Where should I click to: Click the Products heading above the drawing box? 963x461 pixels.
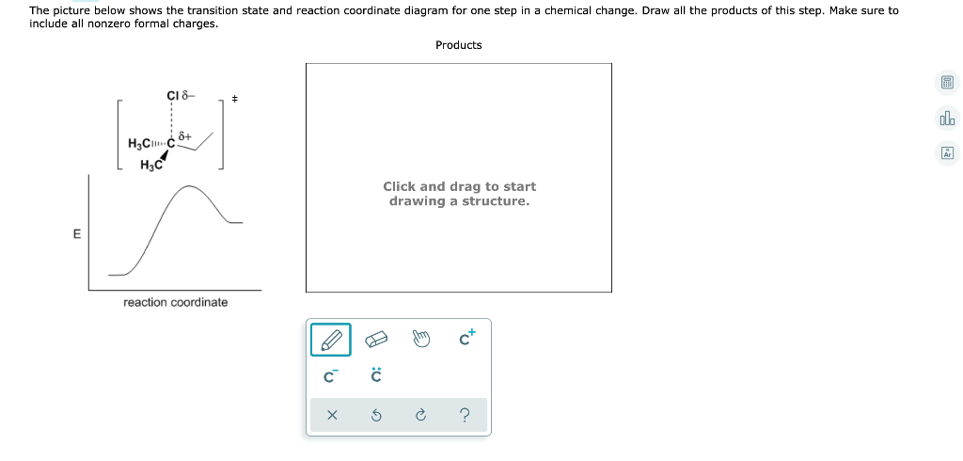pos(458,45)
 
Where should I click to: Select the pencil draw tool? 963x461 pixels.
pos(331,340)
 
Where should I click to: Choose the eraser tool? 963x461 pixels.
pos(375,340)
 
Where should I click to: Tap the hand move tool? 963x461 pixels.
pos(421,340)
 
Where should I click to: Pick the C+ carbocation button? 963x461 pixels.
pos(467,340)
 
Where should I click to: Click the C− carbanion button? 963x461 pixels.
pos(330,377)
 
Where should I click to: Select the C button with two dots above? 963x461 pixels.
pos(375,376)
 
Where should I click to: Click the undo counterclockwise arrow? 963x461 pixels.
pos(375,415)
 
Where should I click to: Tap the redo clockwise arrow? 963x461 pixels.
pos(421,415)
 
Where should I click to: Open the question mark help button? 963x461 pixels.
pos(467,415)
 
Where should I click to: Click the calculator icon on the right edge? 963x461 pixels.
pos(947,84)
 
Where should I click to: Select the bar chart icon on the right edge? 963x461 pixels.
pos(947,119)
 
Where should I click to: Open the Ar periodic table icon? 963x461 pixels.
pos(947,153)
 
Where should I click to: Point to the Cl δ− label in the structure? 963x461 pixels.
pos(179,95)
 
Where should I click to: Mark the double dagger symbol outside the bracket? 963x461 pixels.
pos(235,98)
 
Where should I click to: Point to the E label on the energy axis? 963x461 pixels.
pos(76,234)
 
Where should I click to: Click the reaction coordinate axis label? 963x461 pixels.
pos(175,302)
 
